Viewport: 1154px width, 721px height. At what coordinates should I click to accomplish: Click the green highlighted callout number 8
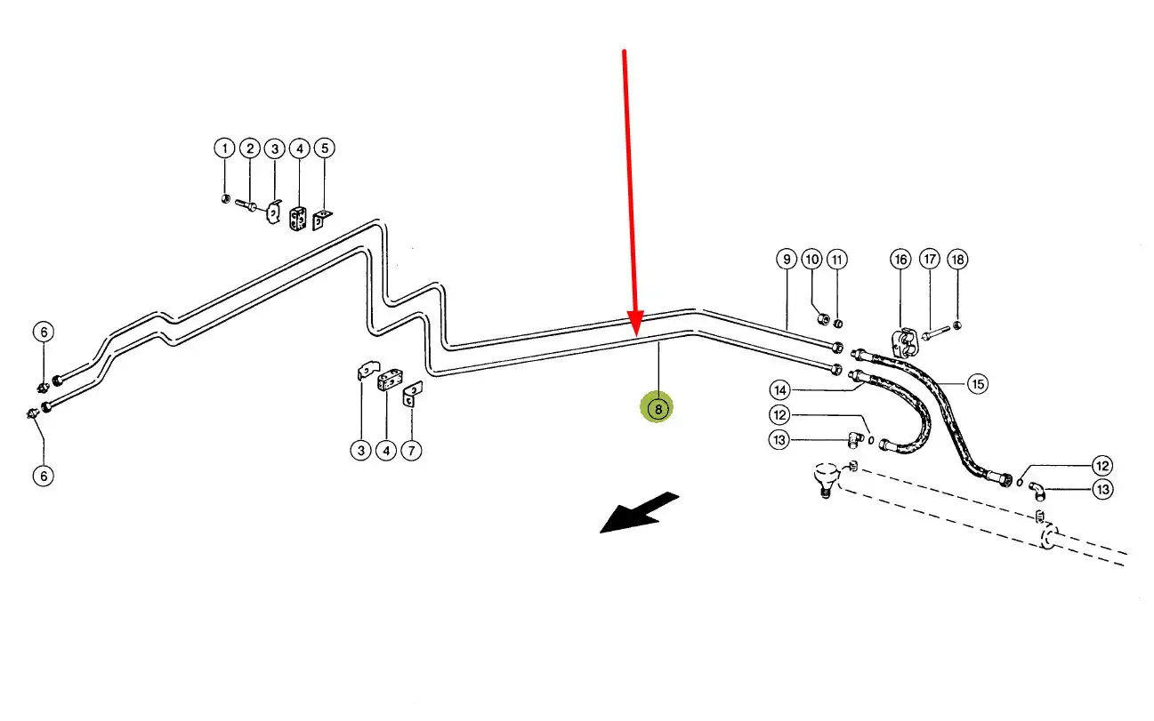pos(658,409)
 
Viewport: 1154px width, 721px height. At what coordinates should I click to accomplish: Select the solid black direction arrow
pos(640,513)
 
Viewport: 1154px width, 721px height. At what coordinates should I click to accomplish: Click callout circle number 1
pos(224,148)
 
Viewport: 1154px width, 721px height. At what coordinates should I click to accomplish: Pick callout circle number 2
pos(250,148)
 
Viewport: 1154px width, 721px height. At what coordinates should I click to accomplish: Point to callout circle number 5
pos(324,148)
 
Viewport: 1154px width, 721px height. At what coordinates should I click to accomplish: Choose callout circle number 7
pos(410,451)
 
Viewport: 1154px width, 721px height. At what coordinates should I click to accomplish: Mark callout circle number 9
pos(786,260)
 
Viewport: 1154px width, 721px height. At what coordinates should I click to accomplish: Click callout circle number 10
pos(811,260)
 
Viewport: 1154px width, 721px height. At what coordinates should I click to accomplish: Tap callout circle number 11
pos(836,260)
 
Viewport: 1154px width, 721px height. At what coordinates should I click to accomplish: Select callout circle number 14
pos(780,389)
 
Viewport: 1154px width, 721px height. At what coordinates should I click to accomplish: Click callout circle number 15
pos(978,384)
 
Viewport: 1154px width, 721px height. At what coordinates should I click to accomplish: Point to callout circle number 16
pos(901,260)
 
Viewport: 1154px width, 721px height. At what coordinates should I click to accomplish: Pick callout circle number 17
pos(930,260)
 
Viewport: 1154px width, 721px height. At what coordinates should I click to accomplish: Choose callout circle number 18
pos(956,260)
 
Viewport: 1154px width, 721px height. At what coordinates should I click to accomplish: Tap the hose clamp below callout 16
pos(904,342)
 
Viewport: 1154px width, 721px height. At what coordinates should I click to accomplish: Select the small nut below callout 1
pos(225,197)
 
